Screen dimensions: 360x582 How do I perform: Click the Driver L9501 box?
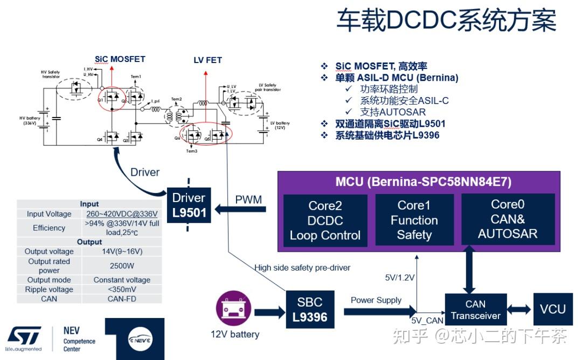(x=189, y=205)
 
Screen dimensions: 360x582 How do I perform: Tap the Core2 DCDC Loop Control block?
(x=325, y=220)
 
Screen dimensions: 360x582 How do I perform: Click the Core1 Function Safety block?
(x=414, y=220)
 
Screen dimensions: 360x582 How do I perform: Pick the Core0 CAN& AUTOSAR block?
(x=507, y=219)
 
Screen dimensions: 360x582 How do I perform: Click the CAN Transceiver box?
(x=475, y=310)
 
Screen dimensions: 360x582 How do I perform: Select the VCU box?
(x=552, y=309)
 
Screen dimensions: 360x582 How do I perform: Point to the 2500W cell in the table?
(x=122, y=266)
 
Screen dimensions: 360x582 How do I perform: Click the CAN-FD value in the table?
(x=122, y=299)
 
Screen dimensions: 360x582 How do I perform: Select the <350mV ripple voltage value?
(x=122, y=289)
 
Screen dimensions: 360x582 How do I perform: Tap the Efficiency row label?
(x=49, y=228)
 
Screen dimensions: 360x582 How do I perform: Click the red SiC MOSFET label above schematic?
(x=120, y=59)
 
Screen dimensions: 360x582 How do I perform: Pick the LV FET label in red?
(x=207, y=60)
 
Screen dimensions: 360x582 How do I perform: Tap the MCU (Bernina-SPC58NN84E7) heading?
(x=415, y=182)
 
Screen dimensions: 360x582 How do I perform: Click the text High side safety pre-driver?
(x=302, y=268)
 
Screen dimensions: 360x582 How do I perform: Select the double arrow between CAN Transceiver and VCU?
(x=520, y=310)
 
